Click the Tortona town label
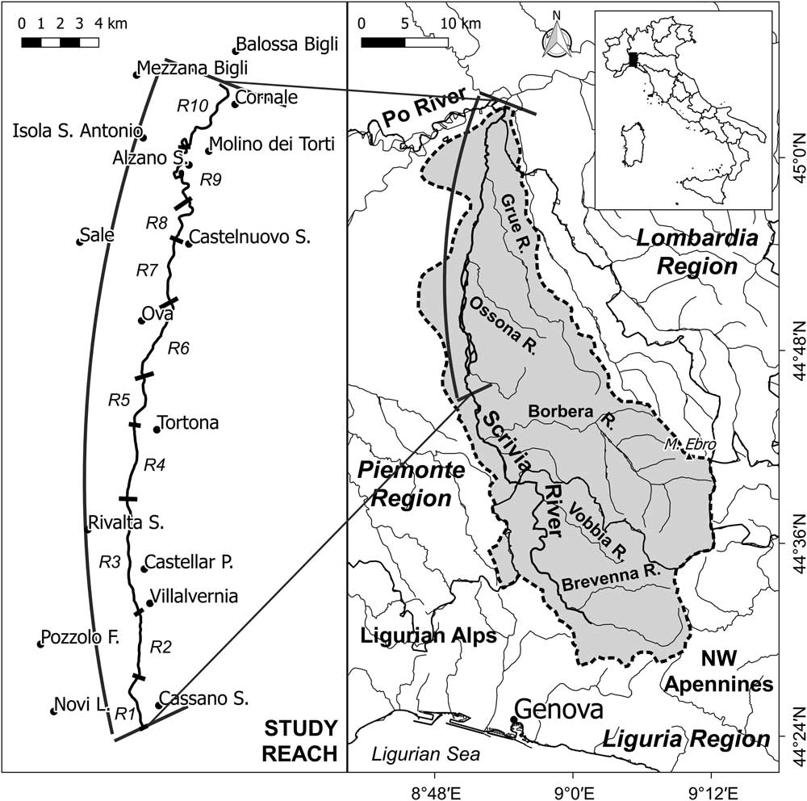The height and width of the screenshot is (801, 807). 189,423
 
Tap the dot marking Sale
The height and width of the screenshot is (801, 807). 79,241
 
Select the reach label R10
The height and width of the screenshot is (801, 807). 192,104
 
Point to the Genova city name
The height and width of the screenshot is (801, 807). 558,711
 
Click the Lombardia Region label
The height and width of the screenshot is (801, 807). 697,252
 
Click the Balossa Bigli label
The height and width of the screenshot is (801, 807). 286,44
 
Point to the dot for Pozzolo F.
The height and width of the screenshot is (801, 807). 40,644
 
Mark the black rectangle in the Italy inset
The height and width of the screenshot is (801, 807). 633,60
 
